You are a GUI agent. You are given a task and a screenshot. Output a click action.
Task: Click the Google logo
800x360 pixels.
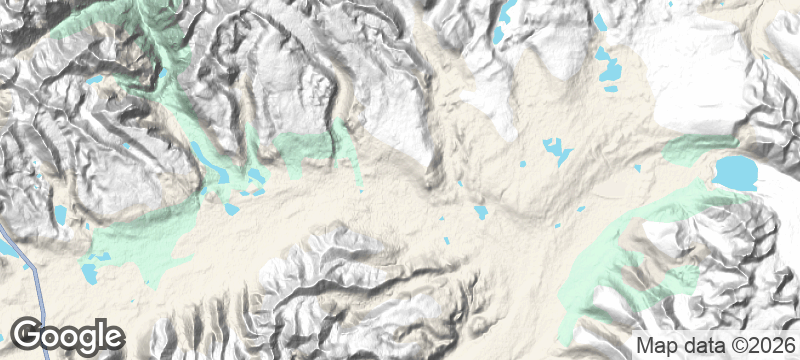(68, 335)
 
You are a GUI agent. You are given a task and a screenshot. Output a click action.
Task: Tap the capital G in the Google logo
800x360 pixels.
(29, 335)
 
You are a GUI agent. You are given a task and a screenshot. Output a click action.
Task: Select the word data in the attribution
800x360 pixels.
(698, 346)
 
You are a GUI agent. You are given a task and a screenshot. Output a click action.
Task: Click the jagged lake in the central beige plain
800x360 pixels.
(555, 151)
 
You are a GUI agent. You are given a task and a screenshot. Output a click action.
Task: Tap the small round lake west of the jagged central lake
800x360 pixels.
(522, 163)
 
